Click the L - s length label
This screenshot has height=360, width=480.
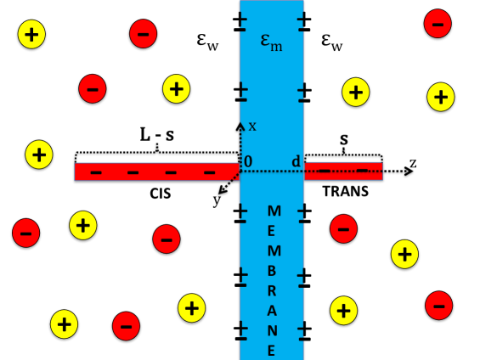coord(157,135)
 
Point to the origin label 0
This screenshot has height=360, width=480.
coord(248,161)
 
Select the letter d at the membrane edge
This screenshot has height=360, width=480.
coord(296,161)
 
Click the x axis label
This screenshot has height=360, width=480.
coord(252,127)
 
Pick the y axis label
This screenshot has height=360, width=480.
coord(217,200)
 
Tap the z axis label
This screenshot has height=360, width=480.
coord(413,161)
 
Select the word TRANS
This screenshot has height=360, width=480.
coord(345,193)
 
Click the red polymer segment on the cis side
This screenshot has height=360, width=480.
coord(156,172)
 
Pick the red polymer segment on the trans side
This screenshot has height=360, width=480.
coord(343,171)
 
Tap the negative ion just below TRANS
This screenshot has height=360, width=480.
coord(343,227)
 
